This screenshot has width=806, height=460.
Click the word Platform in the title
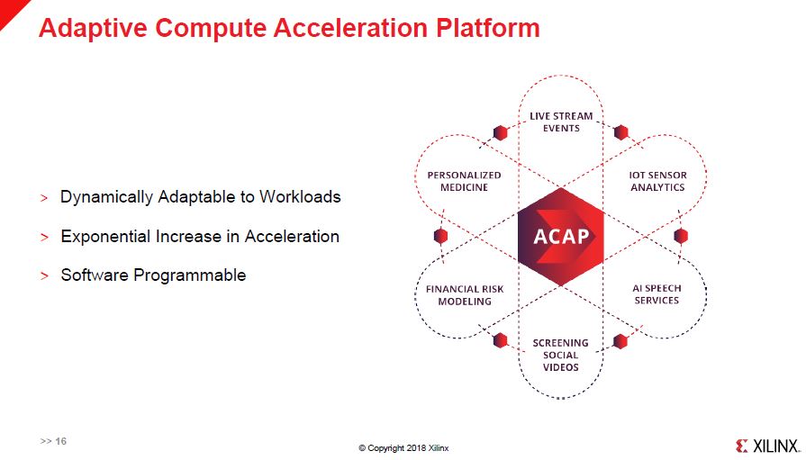click(488, 28)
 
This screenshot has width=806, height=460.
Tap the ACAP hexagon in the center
click(561, 237)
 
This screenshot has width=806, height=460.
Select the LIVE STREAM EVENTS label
click(561, 122)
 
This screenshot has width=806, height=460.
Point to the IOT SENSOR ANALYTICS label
click(658, 182)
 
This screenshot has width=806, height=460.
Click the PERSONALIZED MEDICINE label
click(464, 182)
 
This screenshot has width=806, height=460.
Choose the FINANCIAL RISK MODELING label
click(465, 295)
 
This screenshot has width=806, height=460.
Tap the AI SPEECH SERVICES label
click(657, 294)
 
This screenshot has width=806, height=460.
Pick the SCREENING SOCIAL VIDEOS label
click(561, 356)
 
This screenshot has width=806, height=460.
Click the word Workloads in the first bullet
click(300, 197)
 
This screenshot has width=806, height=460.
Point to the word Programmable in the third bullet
click(190, 275)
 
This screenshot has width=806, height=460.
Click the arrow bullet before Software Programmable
click(45, 276)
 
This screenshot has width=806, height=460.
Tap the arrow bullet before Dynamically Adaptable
click(44, 198)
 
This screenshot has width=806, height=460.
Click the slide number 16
click(61, 441)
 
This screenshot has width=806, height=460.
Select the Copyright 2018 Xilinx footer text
click(403, 448)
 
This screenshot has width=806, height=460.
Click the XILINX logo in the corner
click(768, 446)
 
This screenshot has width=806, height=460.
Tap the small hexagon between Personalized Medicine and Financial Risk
click(440, 236)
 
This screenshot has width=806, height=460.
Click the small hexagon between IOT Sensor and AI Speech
click(681, 236)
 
